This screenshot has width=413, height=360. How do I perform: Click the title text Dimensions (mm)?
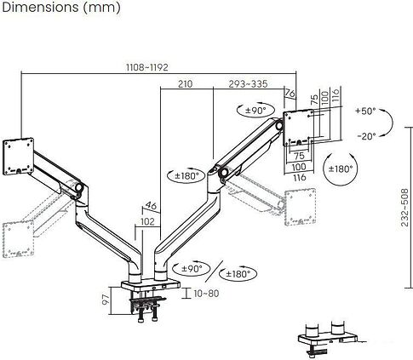60,9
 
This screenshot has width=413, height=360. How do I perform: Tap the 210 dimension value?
186,83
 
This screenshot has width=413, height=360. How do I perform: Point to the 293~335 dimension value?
249,83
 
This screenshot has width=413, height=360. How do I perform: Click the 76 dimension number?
290,94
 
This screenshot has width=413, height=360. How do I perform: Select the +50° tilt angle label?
365,111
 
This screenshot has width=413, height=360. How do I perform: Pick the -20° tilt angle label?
365,136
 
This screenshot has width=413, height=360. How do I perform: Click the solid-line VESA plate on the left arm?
20,154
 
